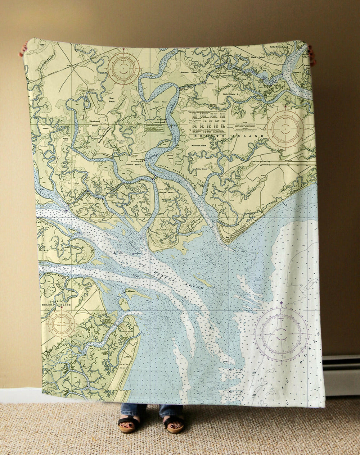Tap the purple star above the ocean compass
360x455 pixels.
[x=281, y=303]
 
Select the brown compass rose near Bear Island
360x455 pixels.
[x=124, y=68]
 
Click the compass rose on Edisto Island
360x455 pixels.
[x=285, y=128]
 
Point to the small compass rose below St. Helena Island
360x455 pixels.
[x=62, y=323]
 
